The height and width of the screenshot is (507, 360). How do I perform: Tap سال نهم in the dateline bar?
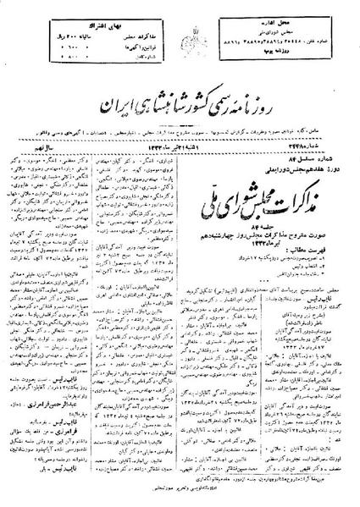click(x=39, y=100)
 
